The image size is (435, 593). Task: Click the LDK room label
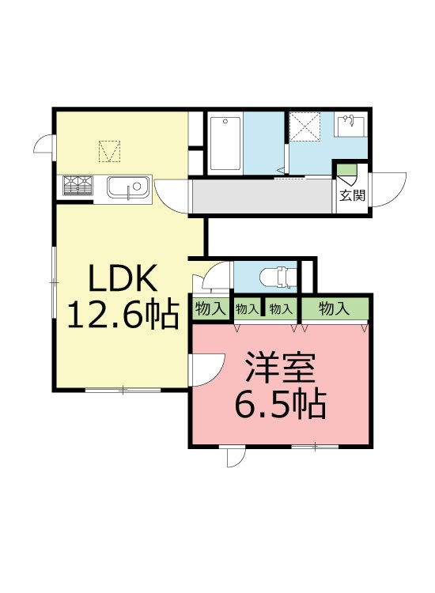(x=124, y=279)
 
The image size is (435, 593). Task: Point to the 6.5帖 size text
(x=280, y=405)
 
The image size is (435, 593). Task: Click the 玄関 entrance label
(x=352, y=195)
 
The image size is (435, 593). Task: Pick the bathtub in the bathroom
(x=225, y=143)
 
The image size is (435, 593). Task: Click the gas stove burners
(x=78, y=185)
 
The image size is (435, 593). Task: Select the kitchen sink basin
(x=127, y=188)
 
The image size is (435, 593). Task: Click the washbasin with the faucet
(x=350, y=127)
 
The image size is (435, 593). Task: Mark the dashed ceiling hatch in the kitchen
(x=109, y=150)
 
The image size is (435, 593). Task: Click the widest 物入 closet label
(x=334, y=308)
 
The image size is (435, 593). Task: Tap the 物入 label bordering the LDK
(x=210, y=308)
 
